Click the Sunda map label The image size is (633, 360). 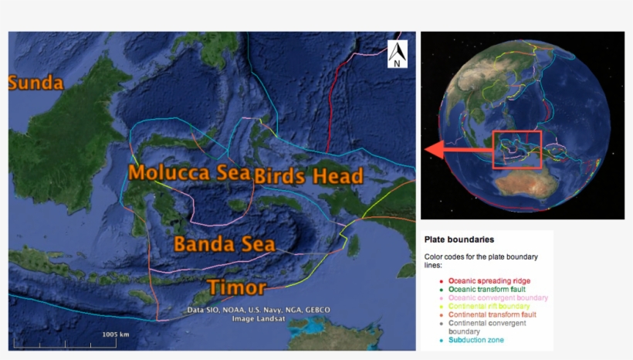(35, 83)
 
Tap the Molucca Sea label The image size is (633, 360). (190, 172)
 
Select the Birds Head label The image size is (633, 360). (309, 176)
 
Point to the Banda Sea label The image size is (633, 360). (224, 244)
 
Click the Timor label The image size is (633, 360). (236, 287)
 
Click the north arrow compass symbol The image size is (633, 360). (397, 55)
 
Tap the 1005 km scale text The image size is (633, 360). (116, 335)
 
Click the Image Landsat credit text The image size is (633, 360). (258, 318)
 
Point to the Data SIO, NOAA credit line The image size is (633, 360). (258, 310)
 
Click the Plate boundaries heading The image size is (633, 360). (459, 239)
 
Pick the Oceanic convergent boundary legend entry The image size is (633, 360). (498, 297)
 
